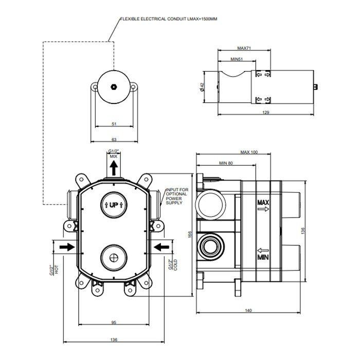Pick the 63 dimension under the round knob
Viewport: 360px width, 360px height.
[114, 139]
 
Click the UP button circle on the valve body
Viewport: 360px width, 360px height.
[114, 204]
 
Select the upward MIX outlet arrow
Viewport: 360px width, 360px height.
[114, 167]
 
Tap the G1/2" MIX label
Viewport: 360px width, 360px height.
[114, 153]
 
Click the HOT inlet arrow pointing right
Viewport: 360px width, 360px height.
[67, 247]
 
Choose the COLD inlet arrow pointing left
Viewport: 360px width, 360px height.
[161, 247]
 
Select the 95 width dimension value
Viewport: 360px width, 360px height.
[114, 322]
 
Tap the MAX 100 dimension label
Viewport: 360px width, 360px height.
[248, 152]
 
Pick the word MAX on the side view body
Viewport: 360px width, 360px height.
[263, 203]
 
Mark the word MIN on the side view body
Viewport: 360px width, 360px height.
[263, 256]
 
